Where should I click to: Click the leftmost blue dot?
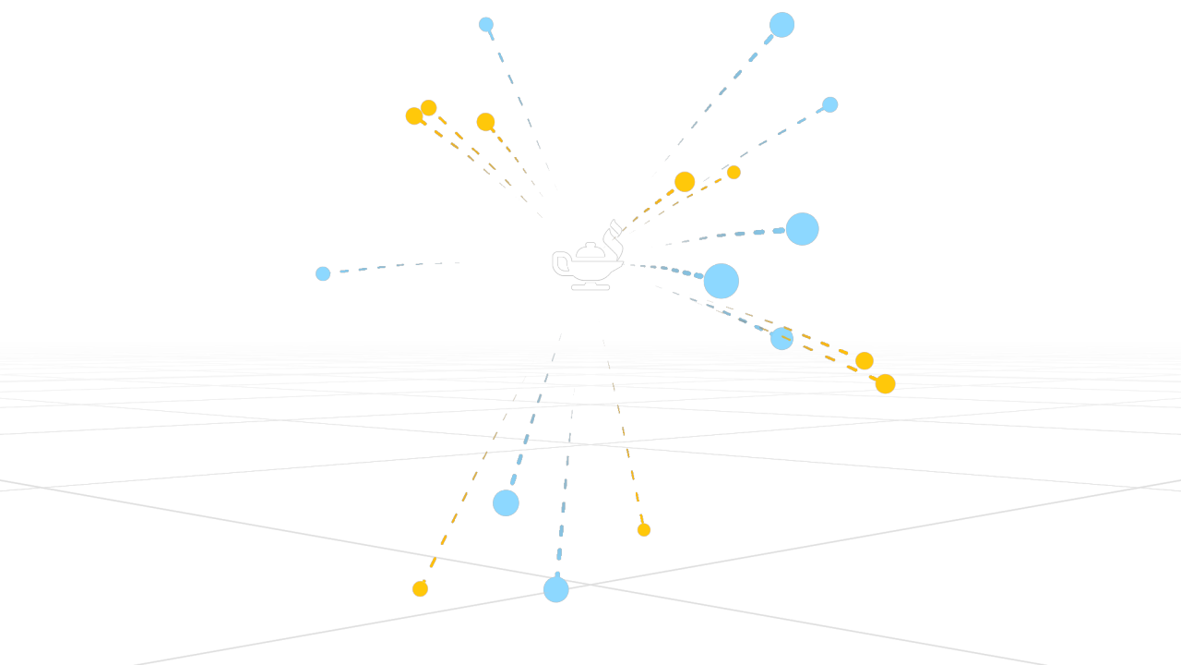click(x=323, y=273)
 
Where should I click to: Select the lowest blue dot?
click(x=555, y=589)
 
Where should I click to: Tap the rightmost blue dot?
click(x=830, y=104)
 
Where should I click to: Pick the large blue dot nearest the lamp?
click(x=721, y=281)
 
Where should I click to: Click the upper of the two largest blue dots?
click(x=802, y=229)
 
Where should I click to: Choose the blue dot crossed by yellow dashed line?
click(x=781, y=339)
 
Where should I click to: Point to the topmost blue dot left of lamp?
click(x=486, y=25)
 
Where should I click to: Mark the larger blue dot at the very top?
click(x=781, y=25)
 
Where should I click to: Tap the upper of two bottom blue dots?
click(x=506, y=502)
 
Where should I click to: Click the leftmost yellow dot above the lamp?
click(x=414, y=116)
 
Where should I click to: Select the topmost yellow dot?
click(x=429, y=108)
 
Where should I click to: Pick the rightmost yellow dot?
click(x=885, y=383)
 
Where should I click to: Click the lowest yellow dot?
click(x=420, y=588)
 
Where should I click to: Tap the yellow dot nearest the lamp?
click(x=685, y=182)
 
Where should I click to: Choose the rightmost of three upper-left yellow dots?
click(x=485, y=122)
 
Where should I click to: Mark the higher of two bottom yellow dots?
click(x=644, y=529)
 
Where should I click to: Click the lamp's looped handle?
click(x=559, y=264)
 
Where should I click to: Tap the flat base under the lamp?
click(x=590, y=287)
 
